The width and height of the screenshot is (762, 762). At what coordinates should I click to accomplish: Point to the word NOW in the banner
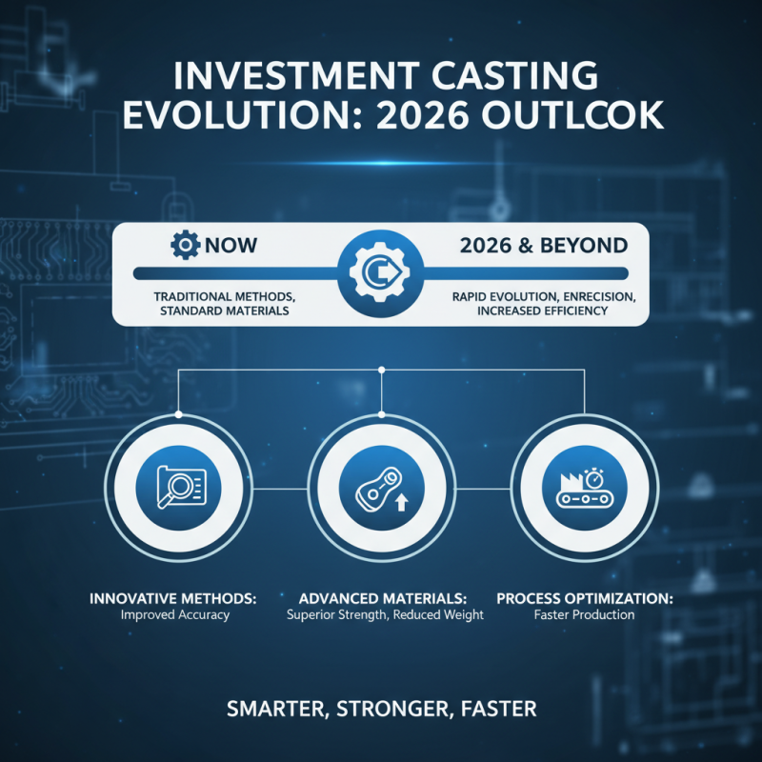(x=230, y=247)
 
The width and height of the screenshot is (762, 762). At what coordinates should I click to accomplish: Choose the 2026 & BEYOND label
(x=543, y=246)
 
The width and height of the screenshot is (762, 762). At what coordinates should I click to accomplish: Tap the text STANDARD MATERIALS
(x=225, y=311)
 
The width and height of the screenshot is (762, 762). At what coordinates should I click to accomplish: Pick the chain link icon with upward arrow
(x=381, y=489)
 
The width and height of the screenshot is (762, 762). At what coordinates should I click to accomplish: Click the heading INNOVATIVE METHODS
(x=174, y=599)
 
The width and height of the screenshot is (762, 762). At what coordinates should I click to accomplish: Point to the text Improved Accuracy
(x=175, y=615)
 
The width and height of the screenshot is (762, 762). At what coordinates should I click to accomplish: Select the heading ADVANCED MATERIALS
(x=382, y=599)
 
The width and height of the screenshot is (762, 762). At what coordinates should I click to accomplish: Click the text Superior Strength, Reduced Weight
(x=385, y=615)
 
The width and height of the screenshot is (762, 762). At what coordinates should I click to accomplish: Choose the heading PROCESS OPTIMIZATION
(x=586, y=599)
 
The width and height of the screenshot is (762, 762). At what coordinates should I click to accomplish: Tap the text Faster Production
(x=584, y=615)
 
